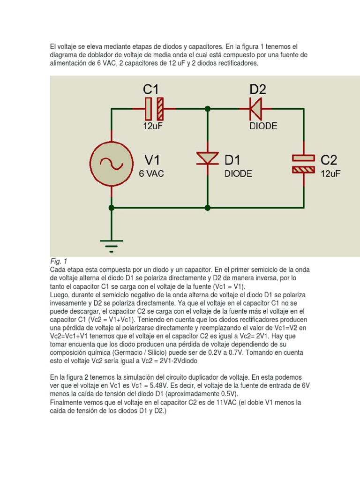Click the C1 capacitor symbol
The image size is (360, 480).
click(x=154, y=109)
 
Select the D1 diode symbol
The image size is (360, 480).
click(x=208, y=158)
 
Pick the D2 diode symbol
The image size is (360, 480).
click(x=256, y=109)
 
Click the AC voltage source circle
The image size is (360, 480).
click(x=111, y=163)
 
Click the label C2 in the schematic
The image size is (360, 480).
click(x=329, y=160)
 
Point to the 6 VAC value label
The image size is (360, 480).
click(x=151, y=173)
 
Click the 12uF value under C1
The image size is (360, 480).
click(x=153, y=126)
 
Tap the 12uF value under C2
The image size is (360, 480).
click(x=330, y=173)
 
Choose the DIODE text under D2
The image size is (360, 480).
click(x=263, y=126)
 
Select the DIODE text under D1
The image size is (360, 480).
click(x=238, y=173)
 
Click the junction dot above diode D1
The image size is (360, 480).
click(x=208, y=109)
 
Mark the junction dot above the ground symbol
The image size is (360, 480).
click(x=111, y=207)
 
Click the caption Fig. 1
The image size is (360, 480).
click(x=59, y=261)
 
